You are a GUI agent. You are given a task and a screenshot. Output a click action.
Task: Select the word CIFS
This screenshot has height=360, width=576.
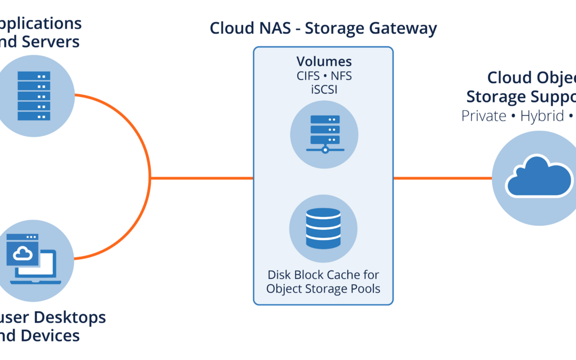308,75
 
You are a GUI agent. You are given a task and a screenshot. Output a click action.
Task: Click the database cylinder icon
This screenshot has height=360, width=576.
323,228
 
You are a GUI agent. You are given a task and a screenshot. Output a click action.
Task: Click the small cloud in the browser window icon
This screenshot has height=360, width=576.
22,254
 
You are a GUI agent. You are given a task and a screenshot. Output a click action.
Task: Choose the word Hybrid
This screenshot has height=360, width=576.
542,116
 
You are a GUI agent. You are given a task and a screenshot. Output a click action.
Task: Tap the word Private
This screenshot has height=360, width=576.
484,116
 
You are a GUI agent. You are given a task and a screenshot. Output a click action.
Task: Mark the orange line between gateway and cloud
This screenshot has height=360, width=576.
442,178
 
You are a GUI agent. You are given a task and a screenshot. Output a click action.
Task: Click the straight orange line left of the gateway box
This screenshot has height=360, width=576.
201,178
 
